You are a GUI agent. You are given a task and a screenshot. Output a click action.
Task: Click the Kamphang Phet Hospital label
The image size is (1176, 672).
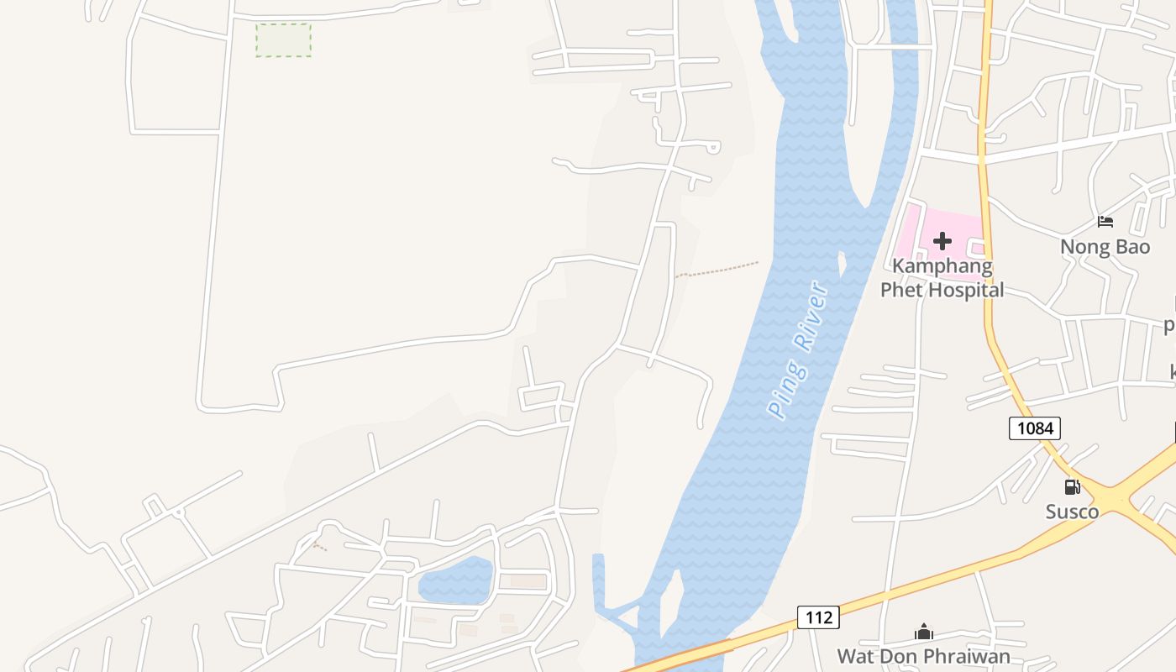(x=942, y=278)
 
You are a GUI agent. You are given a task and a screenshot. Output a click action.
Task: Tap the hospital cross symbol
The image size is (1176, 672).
(x=942, y=242)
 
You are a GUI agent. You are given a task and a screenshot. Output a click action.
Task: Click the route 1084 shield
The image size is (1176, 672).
(x=1034, y=428)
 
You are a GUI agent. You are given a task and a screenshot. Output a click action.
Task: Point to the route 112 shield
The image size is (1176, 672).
(x=817, y=617)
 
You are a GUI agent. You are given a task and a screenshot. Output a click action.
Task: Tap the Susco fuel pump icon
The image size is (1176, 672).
(x=1073, y=487)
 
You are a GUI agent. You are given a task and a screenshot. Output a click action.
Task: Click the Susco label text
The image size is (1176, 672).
(x=1072, y=512)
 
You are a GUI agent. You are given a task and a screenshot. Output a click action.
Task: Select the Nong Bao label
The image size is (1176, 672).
(x=1105, y=247)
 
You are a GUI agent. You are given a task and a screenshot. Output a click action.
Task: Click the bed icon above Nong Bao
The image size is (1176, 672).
(x=1105, y=222)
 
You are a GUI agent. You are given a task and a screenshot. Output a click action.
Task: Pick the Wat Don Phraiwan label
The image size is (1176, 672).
(x=923, y=656)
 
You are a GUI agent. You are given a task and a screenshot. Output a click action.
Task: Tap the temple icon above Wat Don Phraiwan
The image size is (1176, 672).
(x=923, y=632)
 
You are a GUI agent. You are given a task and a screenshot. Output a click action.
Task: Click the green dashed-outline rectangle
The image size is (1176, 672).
(x=283, y=39)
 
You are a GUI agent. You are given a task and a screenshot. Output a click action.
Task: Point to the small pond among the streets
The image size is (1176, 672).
(x=454, y=580)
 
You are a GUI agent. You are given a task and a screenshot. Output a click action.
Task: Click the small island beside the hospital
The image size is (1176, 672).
(x=843, y=264)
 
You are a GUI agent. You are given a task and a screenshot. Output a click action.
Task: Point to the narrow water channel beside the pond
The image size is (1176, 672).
(x=598, y=580)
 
